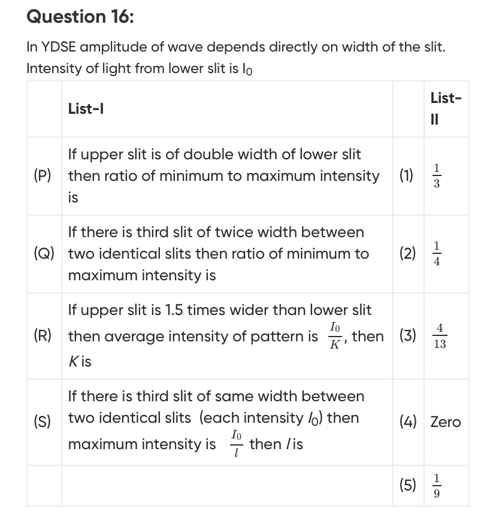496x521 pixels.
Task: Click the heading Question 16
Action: tap(80, 17)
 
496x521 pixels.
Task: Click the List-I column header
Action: tap(86, 108)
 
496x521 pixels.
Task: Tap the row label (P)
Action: tap(43, 176)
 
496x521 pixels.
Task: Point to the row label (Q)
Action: tap(44, 254)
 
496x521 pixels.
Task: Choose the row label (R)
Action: tap(43, 336)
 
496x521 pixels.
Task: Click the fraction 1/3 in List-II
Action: tap(437, 176)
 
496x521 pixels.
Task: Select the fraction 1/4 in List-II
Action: tap(437, 254)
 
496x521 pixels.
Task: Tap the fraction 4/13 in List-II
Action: tap(440, 336)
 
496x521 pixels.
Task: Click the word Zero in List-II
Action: tap(446, 422)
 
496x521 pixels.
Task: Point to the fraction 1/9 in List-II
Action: tap(437, 486)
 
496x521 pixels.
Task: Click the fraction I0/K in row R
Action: tap(334, 336)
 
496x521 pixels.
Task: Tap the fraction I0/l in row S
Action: tap(237, 444)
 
